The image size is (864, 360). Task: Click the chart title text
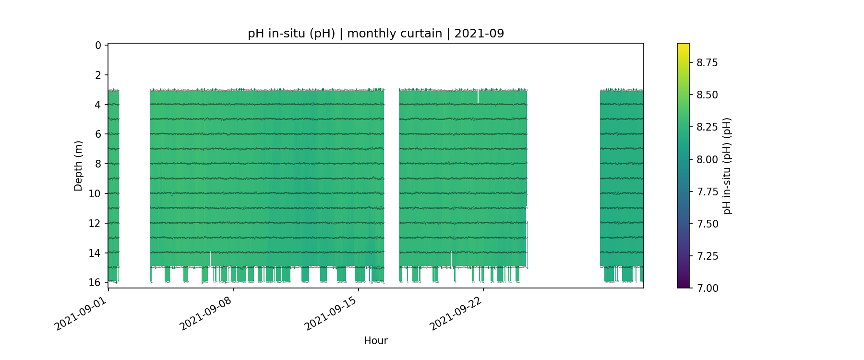coord(376,34)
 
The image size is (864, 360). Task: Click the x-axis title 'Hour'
coord(376,341)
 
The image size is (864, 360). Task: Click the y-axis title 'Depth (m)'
coord(78,166)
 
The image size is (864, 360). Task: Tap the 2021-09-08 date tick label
coord(206,314)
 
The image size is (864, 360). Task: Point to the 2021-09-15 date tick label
coord(331,314)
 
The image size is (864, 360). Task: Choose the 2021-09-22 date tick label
coord(456,314)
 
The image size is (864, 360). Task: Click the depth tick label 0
coord(98,46)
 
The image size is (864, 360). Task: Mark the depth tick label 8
coord(98,164)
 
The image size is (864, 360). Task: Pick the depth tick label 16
coord(95,282)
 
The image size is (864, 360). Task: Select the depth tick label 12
coord(95,223)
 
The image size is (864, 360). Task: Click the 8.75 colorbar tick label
coord(707,62)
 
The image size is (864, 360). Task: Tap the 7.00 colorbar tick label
coord(707,288)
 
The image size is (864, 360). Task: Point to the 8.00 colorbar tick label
coord(707,159)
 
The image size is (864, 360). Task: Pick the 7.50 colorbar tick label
coord(707,224)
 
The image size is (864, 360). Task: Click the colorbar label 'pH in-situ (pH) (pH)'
coord(727,166)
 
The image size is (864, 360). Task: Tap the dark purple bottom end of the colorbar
coord(683,286)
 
